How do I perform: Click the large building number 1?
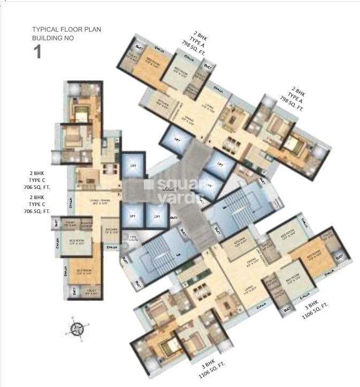pyautogui.click(x=37, y=51)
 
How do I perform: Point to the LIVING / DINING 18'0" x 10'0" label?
pyautogui.click(x=91, y=203)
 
